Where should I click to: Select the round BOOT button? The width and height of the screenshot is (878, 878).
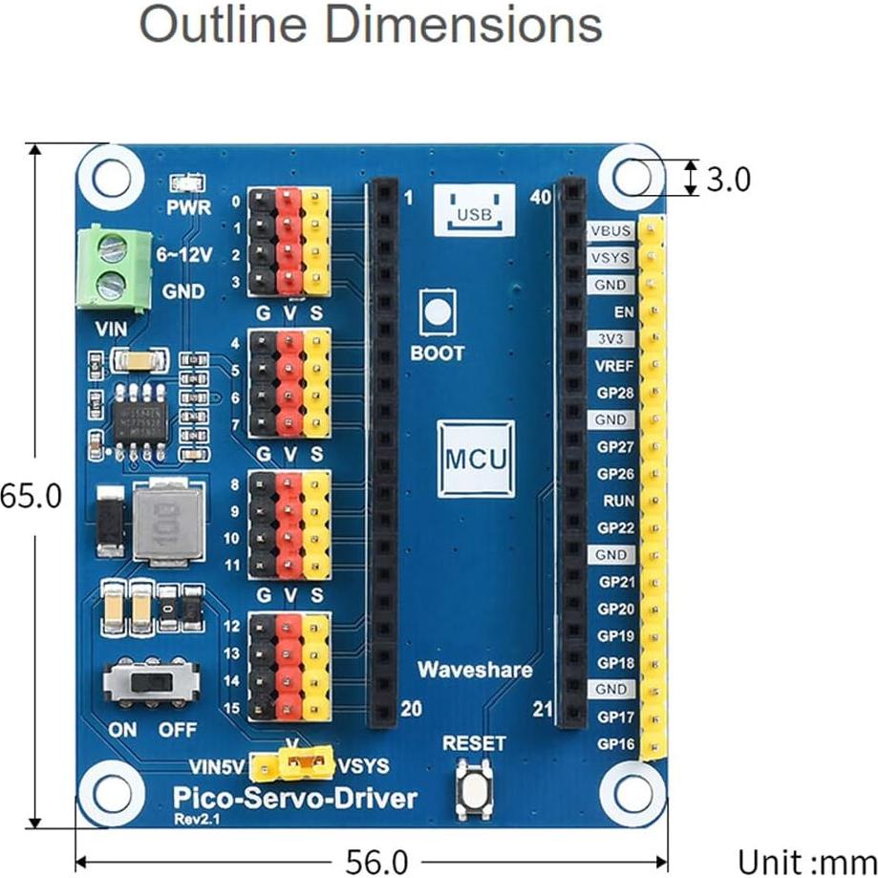437,313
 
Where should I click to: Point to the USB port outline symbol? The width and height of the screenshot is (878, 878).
474,209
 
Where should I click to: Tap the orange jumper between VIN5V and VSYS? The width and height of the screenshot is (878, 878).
294,764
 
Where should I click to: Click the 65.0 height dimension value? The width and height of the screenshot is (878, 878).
29,496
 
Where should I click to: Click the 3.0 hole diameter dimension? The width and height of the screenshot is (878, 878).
728,179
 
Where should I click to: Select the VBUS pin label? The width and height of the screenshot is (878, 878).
610,231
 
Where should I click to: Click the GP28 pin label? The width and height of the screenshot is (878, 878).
614,393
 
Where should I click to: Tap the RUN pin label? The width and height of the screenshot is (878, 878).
614,501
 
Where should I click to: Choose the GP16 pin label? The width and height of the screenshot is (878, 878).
614,743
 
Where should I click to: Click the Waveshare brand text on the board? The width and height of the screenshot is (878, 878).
474,670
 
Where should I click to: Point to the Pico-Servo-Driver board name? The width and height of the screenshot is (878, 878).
294,798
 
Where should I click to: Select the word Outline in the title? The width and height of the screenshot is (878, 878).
221,26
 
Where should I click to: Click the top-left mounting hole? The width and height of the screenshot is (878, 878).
111,176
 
